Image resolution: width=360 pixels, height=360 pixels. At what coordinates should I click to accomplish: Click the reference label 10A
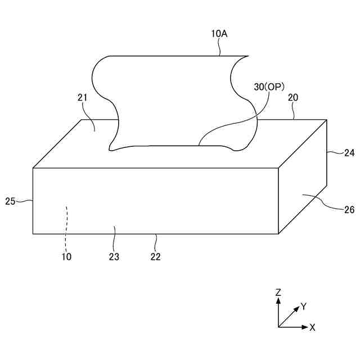coord(219,34)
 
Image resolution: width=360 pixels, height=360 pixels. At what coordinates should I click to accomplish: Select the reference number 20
coord(293,97)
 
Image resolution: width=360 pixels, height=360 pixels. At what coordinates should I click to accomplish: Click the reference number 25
coord(10,200)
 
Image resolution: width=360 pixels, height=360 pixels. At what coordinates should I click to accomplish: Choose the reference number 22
coord(156,256)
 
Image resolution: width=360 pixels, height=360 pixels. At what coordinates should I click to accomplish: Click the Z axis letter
coord(278,292)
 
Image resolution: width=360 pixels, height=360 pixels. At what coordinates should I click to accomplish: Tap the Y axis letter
coord(304,307)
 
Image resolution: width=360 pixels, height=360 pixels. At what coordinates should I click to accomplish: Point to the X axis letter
coord(313,327)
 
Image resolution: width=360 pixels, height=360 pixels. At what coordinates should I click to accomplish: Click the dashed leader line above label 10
coord(66,225)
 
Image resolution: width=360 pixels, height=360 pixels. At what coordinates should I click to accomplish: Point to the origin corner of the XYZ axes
coord(278,327)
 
